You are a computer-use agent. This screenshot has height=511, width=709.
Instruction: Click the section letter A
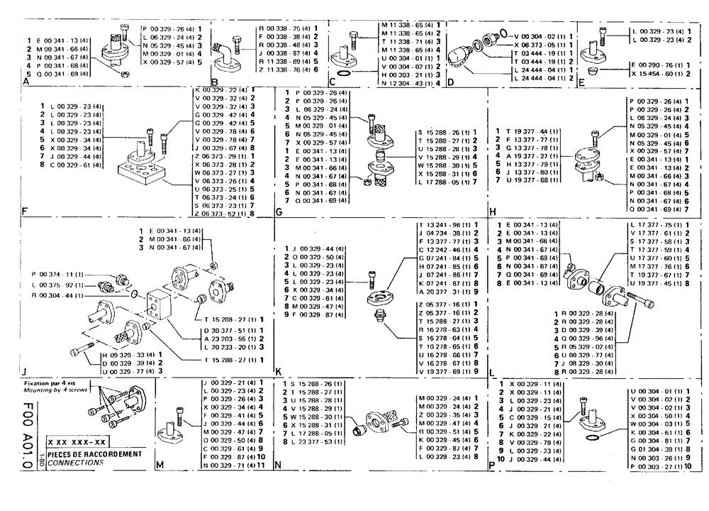(27, 82)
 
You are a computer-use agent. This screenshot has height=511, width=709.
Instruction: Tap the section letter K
(279, 370)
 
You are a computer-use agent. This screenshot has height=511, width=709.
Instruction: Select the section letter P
(491, 466)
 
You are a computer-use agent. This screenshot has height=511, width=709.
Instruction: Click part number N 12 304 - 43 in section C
(405, 82)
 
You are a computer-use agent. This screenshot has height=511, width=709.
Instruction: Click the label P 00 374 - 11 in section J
(57, 273)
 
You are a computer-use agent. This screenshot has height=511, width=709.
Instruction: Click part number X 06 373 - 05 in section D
(542, 43)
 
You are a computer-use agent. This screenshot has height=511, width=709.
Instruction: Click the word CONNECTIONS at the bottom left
(74, 462)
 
